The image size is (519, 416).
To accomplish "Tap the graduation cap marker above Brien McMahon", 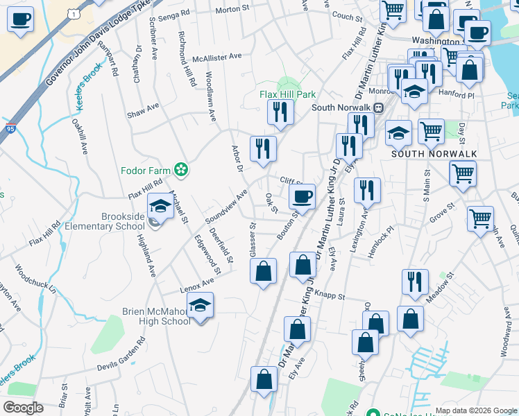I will click(x=201, y=306).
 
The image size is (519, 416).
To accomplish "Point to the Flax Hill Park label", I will click(x=288, y=94).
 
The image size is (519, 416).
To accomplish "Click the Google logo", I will click(x=23, y=407).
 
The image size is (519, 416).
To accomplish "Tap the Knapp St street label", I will click(x=330, y=296).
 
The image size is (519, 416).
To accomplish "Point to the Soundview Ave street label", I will click(x=226, y=207).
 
